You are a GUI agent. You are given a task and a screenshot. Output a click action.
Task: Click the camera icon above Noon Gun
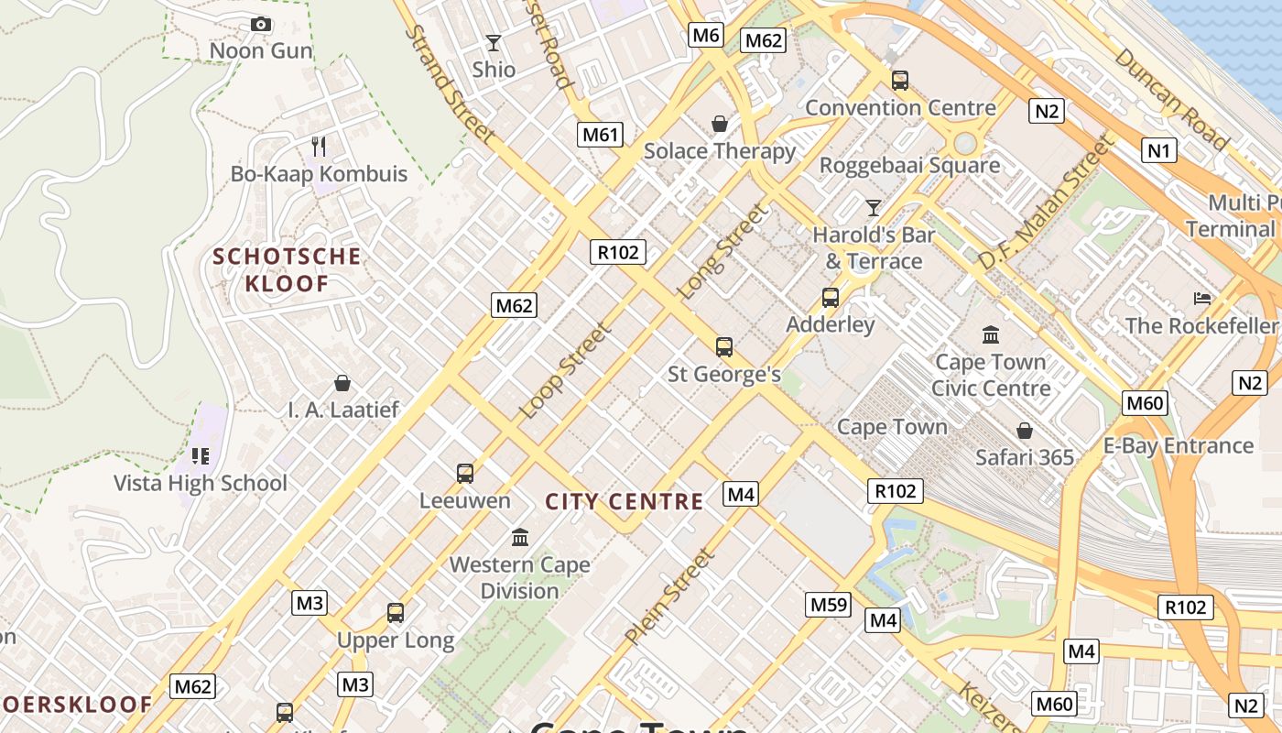click(x=261, y=24)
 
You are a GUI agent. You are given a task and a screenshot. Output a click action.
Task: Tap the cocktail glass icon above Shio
click(x=494, y=42)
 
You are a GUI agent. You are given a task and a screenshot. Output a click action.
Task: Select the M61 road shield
click(x=601, y=136)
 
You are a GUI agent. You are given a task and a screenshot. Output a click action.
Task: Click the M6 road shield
click(x=706, y=36)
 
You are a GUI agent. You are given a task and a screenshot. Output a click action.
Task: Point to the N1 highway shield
click(x=1158, y=150)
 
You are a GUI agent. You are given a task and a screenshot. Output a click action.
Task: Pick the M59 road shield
click(x=829, y=605)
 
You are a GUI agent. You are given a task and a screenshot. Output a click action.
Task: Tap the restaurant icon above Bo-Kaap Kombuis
click(x=319, y=146)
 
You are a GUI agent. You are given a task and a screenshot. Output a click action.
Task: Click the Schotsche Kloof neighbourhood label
click(x=287, y=269)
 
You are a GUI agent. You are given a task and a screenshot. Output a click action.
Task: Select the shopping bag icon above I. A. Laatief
click(x=342, y=382)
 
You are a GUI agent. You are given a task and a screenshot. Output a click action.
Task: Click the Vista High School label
click(x=200, y=483)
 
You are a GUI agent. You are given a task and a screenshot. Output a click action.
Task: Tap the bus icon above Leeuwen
click(x=465, y=474)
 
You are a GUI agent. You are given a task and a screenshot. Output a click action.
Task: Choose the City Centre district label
click(x=625, y=502)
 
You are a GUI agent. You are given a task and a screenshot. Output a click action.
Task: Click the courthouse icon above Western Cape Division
click(x=520, y=537)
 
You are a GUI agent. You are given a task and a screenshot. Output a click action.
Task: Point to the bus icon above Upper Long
click(x=396, y=613)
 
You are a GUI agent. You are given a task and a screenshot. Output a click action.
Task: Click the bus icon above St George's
click(x=724, y=347)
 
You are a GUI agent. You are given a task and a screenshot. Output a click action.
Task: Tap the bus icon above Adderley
click(x=831, y=298)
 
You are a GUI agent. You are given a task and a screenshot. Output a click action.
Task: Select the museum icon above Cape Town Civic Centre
click(x=990, y=334)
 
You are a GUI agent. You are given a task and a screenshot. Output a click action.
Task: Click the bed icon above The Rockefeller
click(x=1202, y=299)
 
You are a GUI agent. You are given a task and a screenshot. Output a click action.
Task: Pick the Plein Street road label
click(x=668, y=596)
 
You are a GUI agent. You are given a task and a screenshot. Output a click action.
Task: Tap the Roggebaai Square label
click(x=909, y=166)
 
